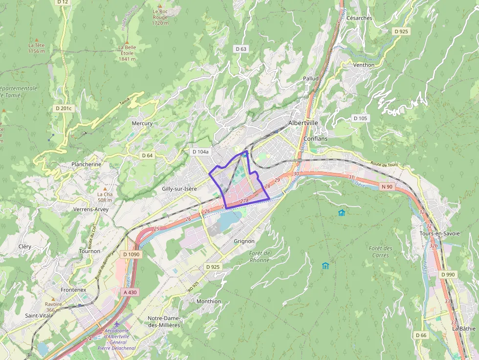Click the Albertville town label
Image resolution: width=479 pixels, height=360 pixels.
[303, 123]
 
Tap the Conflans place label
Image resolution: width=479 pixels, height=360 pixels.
[315, 138]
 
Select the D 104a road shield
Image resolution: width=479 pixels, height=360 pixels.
[200, 152]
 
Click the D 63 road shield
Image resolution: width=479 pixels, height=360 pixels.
[241, 49]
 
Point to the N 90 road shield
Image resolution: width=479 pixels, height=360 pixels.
[387, 186]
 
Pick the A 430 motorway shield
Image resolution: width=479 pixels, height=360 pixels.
[129, 292]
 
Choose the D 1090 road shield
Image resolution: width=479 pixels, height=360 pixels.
[131, 254]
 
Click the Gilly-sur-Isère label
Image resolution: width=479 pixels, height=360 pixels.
[179, 188]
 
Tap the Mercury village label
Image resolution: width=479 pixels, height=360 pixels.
[142, 123]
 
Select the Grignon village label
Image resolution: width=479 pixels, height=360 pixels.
[244, 241]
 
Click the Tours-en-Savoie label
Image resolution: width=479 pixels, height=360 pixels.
[439, 233]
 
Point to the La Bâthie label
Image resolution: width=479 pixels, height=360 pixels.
[463, 328]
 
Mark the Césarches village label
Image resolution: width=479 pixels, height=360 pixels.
[359, 18]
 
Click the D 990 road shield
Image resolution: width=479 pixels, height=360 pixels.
[448, 275]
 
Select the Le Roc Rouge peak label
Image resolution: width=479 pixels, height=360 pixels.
[160, 17]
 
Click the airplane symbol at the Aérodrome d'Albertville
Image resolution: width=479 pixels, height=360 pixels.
[116, 324]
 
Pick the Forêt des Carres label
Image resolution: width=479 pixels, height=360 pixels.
[380, 252]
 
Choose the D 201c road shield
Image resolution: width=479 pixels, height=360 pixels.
[63, 108]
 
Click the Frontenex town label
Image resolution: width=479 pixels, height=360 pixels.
[73, 290]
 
